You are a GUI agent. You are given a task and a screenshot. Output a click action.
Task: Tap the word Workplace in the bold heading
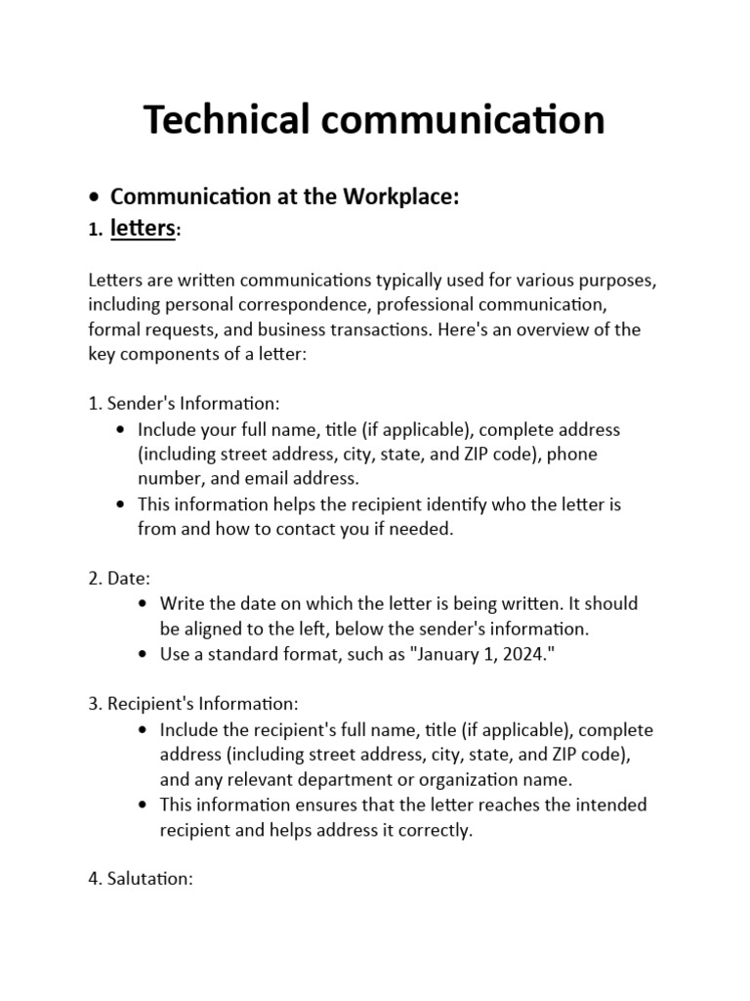pos(398,196)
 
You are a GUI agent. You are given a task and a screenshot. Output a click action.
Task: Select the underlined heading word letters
pos(143,229)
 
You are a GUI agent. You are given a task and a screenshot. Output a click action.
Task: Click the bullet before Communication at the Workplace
pos(94,197)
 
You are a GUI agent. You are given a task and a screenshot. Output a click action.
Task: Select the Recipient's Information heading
pos(192,704)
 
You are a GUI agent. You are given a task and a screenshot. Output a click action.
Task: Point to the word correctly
pos(437,830)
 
